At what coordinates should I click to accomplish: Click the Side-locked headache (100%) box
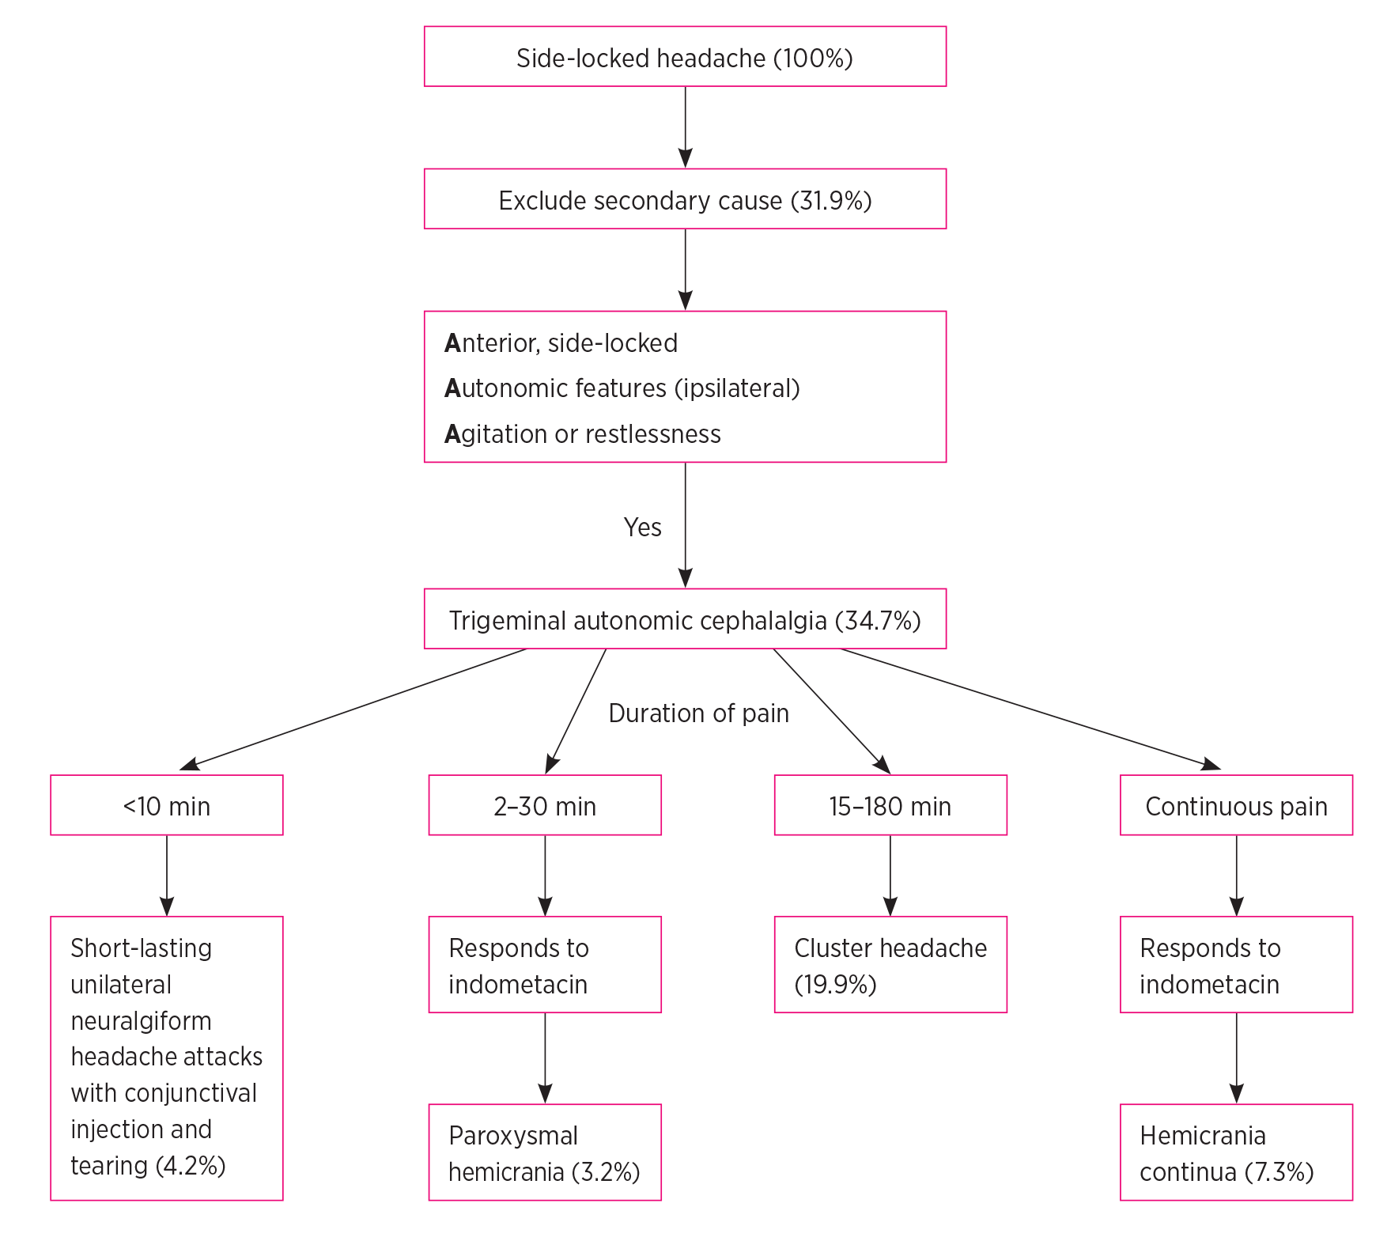point(685,57)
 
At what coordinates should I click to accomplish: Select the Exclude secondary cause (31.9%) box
point(685,199)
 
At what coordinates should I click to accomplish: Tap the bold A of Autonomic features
point(452,388)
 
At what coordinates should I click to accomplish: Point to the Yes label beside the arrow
point(642,528)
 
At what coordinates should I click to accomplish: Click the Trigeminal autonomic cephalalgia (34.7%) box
point(685,619)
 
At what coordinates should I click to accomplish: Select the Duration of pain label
point(698,713)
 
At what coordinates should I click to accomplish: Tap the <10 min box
point(167,806)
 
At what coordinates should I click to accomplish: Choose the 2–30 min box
point(545,806)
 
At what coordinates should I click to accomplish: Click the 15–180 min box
point(890,806)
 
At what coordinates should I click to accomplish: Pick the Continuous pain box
point(1236,806)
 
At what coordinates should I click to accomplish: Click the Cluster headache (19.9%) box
point(890,965)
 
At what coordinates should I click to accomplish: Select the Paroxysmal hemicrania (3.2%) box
point(545,1152)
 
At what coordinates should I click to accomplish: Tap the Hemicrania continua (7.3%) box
point(1236,1152)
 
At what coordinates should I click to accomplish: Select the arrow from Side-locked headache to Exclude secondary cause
point(685,127)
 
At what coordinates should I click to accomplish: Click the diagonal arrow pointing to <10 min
point(353,709)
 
